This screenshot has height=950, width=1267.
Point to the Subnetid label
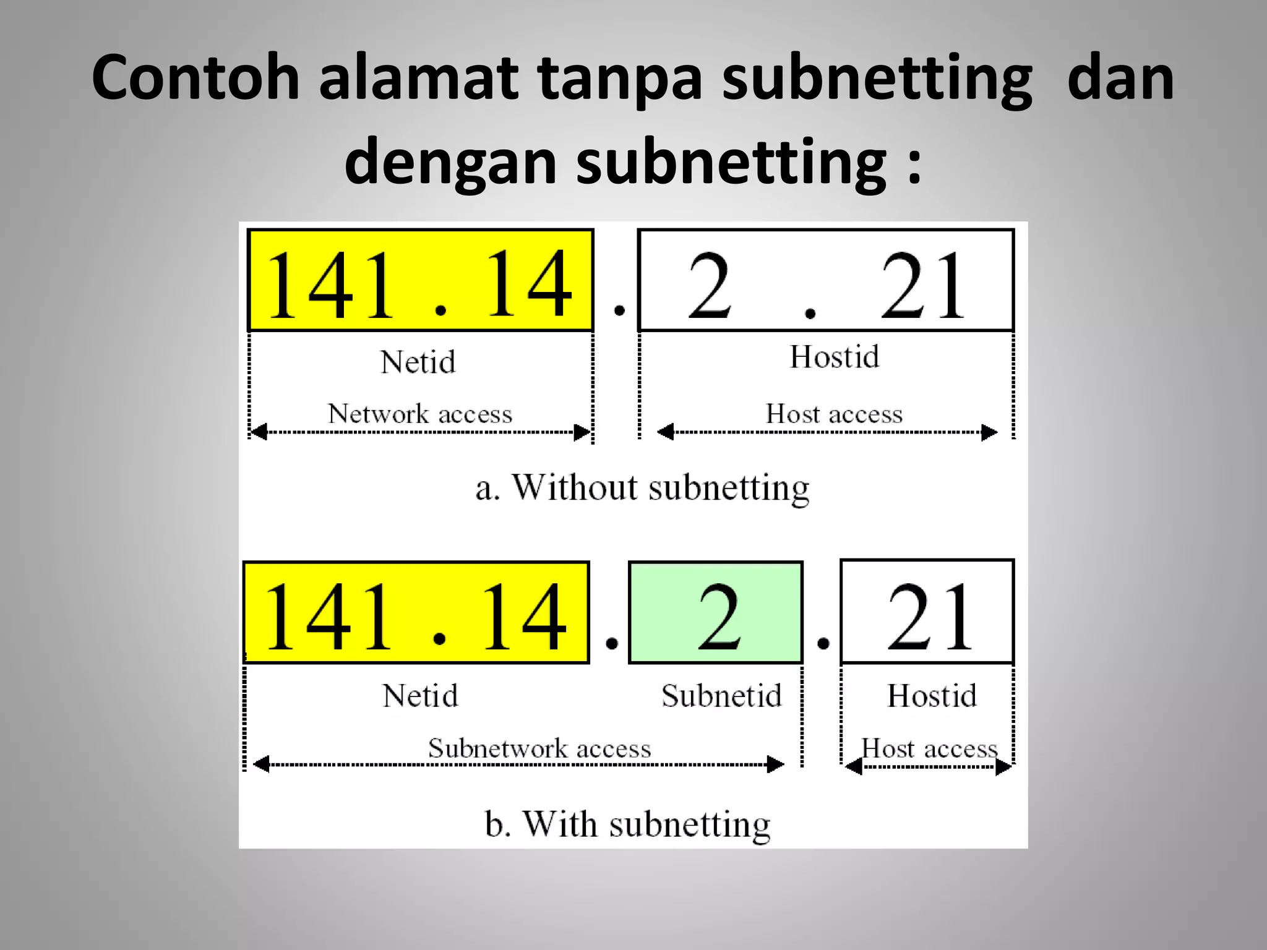721,696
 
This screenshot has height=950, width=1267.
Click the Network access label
420,414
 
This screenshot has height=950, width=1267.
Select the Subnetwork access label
539,748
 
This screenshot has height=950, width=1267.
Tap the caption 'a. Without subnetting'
642,488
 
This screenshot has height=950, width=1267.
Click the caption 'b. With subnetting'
627,824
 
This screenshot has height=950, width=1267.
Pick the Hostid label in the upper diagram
834,357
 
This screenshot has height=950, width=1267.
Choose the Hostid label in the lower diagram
932,696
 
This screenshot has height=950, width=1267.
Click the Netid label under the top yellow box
418,362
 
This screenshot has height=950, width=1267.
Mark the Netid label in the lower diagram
420,696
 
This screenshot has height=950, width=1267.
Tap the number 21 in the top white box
922,286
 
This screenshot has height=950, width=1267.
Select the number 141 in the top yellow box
330,286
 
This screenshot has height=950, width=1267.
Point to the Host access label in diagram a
834,414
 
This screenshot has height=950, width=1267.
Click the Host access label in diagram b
929,749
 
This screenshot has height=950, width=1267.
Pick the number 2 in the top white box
710,286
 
